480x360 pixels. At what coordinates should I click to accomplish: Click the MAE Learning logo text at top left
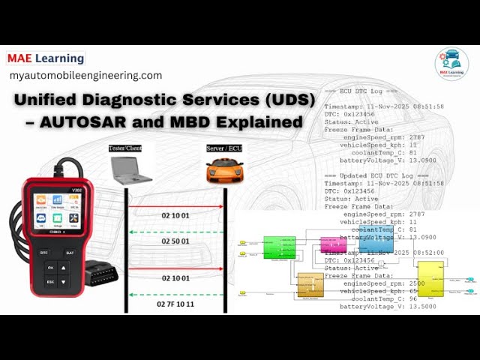(46, 58)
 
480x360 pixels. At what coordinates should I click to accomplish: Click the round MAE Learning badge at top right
(451, 64)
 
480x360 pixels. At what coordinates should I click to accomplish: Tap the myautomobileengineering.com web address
(85, 76)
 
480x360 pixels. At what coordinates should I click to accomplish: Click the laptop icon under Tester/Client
(131, 169)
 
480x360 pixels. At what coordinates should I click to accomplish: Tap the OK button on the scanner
(49, 268)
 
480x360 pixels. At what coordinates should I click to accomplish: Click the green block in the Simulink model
(279, 247)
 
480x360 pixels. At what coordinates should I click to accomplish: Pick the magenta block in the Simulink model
(330, 244)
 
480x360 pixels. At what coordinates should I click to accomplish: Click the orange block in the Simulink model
(310, 285)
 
